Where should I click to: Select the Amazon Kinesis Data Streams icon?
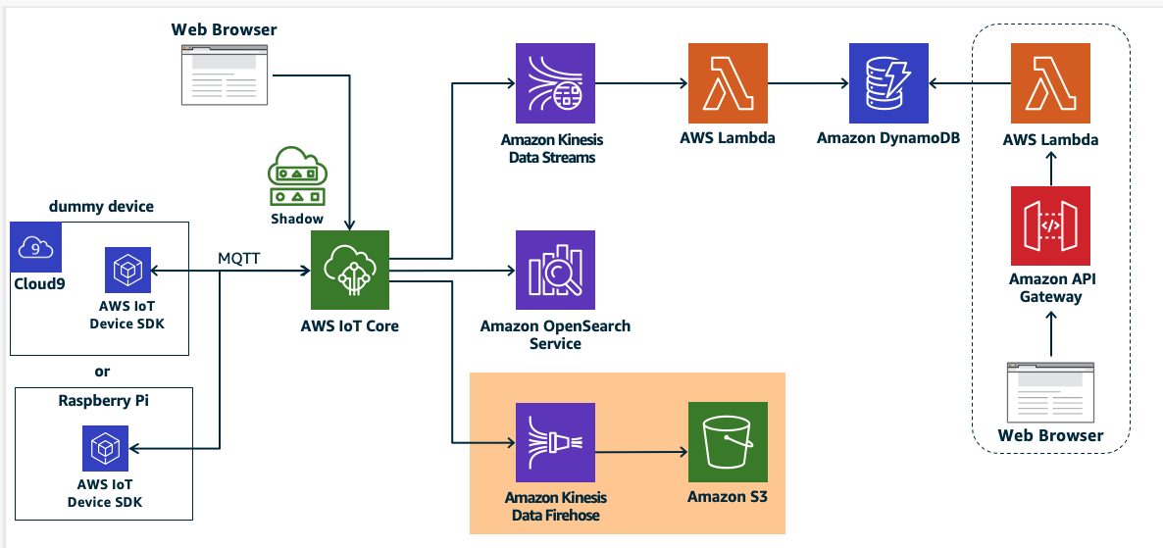[555, 83]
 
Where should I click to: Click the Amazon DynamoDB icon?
[889, 83]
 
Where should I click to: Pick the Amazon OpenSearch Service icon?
[555, 270]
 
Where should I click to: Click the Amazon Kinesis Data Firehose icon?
[555, 441]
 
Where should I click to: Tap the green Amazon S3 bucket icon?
[728, 441]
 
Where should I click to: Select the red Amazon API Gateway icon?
[1050, 225]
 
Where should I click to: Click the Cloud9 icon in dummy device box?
[36, 247]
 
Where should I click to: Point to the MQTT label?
[238, 258]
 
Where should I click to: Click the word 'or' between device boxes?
[102, 372]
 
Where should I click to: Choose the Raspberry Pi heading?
[103, 401]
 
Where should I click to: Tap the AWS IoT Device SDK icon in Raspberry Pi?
[103, 448]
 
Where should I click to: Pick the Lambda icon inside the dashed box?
[1050, 83]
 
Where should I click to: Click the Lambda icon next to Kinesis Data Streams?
[728, 83]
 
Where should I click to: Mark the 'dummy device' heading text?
[101, 207]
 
